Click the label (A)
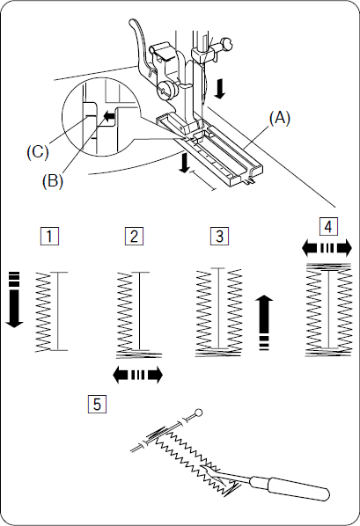[279, 119]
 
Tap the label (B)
[53, 181]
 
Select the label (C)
[38, 152]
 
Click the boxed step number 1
[49, 236]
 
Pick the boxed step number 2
[134, 236]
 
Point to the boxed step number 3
[219, 236]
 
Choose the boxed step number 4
[328, 227]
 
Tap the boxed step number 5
[97, 404]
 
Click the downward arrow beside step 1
[14, 299]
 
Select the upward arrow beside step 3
[264, 323]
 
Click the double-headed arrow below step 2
[138, 375]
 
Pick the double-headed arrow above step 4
[327, 249]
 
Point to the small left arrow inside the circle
[109, 117]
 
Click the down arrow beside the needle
[220, 89]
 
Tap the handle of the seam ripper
[291, 488]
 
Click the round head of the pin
[198, 413]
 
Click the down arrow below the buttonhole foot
[184, 163]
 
